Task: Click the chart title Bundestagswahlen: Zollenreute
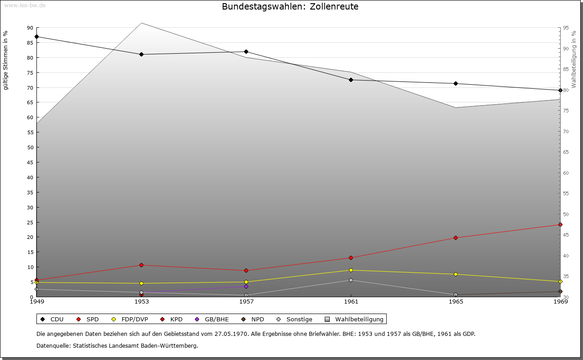click(x=290, y=6)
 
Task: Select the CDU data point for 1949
click(x=36, y=36)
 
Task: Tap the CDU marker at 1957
click(x=246, y=51)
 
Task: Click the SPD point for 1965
click(x=455, y=238)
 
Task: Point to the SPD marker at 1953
click(x=141, y=265)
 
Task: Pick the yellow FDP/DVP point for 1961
click(x=351, y=270)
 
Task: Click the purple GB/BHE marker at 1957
click(x=246, y=286)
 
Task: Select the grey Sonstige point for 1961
click(x=351, y=280)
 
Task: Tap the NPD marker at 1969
click(x=560, y=291)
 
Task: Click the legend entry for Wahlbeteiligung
click(x=355, y=319)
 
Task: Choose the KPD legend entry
click(x=172, y=319)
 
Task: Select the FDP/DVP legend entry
click(x=130, y=319)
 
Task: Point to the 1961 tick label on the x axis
click(x=351, y=301)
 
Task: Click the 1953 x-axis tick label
click(x=141, y=301)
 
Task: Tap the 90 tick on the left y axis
click(x=30, y=28)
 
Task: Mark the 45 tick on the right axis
click(x=567, y=235)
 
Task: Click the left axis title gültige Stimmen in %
click(x=5, y=60)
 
